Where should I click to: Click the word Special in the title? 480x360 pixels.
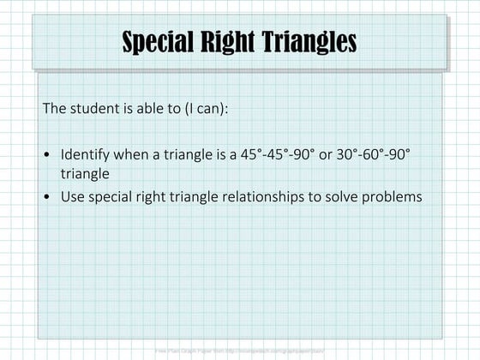tap(159, 42)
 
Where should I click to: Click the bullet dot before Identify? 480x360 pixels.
tap(47, 156)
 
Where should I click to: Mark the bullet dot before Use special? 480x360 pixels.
tap(47, 197)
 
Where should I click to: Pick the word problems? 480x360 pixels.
tap(391, 196)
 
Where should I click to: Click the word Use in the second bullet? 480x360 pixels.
tap(72, 196)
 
